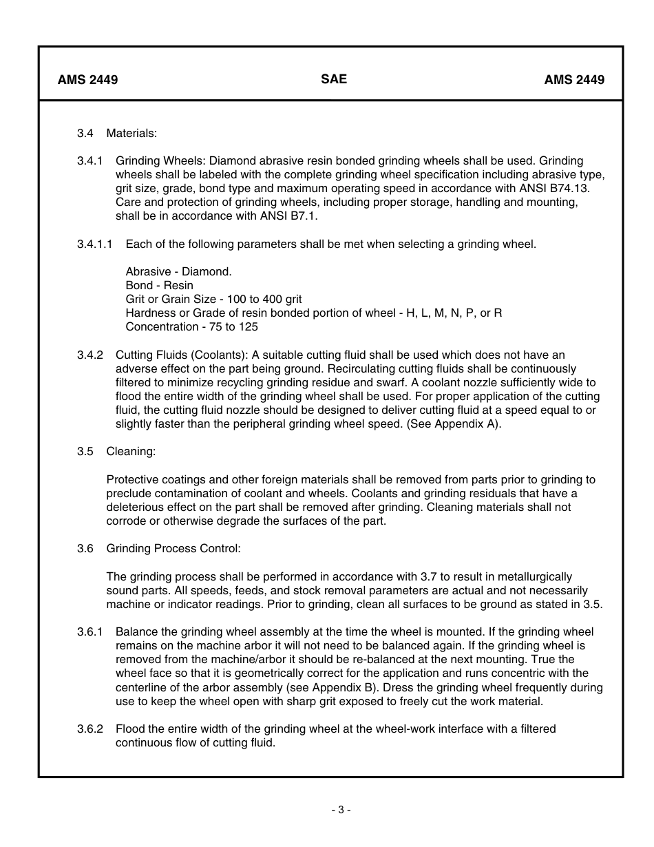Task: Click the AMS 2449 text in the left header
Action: pyautogui.click(x=87, y=80)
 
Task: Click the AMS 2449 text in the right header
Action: pyautogui.click(x=574, y=80)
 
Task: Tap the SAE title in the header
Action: pyautogui.click(x=334, y=79)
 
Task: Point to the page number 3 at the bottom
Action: pyautogui.click(x=341, y=810)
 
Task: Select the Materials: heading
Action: pyautogui.click(x=131, y=133)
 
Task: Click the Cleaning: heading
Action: pyautogui.click(x=131, y=452)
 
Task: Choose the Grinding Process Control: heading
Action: pyautogui.click(x=173, y=549)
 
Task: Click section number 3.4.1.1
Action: pyautogui.click(x=96, y=244)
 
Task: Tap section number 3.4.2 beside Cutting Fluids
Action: pyautogui.click(x=90, y=355)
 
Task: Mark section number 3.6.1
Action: pyautogui.click(x=90, y=631)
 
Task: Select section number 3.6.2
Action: pyautogui.click(x=90, y=729)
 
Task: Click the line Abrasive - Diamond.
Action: pyautogui.click(x=178, y=271)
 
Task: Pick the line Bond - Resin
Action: pyautogui.click(x=159, y=285)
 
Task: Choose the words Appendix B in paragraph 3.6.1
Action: pyautogui.click(x=344, y=687)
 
